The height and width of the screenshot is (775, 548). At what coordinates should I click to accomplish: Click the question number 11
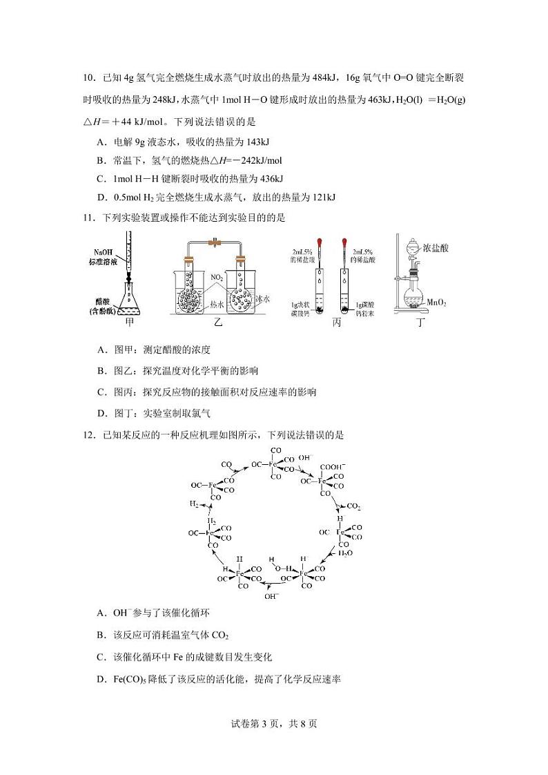click(88, 218)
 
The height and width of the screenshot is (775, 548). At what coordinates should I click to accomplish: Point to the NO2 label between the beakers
click(217, 278)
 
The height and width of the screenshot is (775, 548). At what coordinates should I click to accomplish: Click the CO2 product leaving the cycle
click(353, 506)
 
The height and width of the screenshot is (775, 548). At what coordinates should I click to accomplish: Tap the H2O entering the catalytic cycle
click(345, 553)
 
